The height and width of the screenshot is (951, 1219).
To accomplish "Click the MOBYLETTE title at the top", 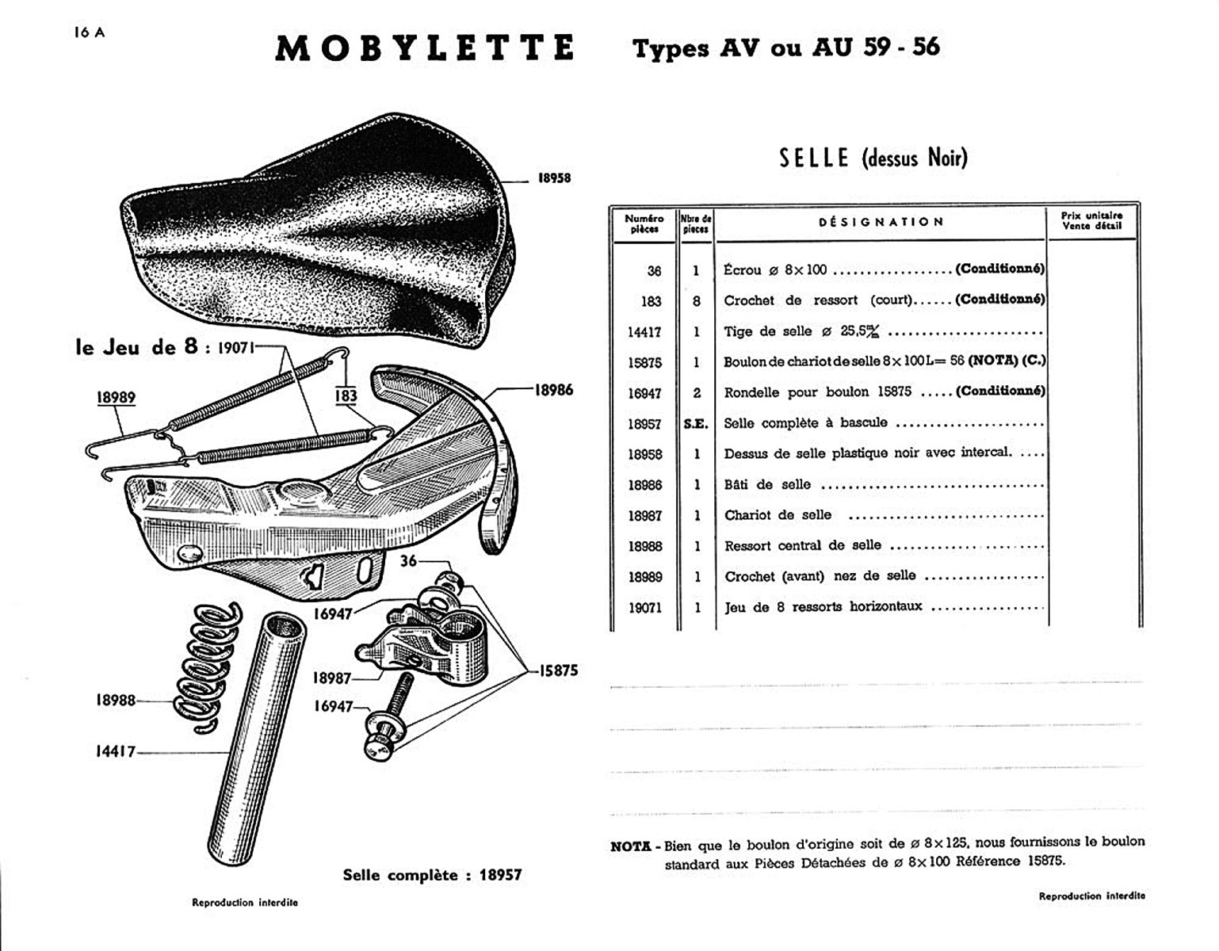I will [x=424, y=48].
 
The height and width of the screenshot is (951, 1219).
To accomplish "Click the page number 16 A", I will [x=88, y=32].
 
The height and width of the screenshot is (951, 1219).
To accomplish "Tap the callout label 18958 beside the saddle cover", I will [x=554, y=178].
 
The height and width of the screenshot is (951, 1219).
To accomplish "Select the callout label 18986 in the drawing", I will [x=553, y=390].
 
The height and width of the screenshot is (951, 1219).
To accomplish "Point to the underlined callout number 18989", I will [x=116, y=398].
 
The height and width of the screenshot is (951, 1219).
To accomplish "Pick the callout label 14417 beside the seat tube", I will [x=115, y=751].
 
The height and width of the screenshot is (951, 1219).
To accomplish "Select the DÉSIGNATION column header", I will [x=881, y=223].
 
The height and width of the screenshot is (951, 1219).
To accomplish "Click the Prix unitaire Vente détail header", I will [x=1091, y=221].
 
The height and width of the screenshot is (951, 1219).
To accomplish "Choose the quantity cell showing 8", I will [x=697, y=301].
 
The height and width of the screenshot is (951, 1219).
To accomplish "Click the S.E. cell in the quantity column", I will [x=696, y=424].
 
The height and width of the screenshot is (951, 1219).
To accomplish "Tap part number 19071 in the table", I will [x=644, y=608].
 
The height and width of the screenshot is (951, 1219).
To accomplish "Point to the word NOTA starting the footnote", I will [x=631, y=846].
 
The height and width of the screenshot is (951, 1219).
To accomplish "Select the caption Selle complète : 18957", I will [x=432, y=875].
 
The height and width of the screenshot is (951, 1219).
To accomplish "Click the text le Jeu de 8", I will [x=136, y=348].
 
